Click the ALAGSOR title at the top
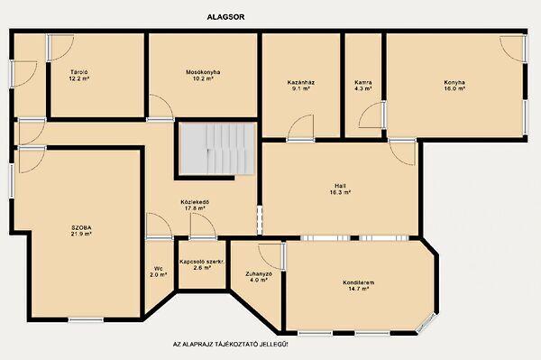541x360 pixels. [225, 17]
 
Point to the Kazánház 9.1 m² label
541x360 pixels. [301, 86]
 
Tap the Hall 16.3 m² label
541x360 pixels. [340, 189]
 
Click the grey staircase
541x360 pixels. [217, 148]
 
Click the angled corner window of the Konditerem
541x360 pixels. [426, 324]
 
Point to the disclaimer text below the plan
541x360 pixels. [230, 345]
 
